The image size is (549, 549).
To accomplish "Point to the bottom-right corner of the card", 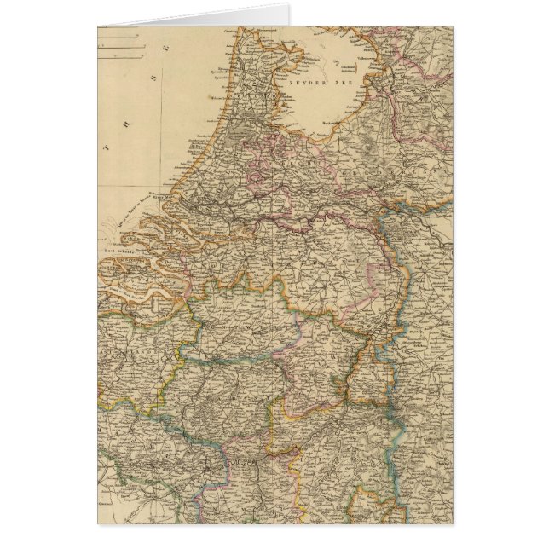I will tap(453, 523).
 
